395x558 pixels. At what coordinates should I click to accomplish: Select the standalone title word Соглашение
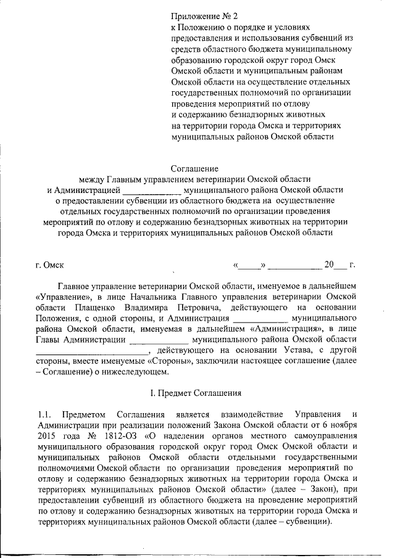click(x=196, y=167)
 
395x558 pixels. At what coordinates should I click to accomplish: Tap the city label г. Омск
click(x=51, y=266)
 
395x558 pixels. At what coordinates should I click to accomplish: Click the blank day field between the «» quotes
click(x=250, y=266)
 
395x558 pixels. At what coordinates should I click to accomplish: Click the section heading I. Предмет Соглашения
click(x=196, y=393)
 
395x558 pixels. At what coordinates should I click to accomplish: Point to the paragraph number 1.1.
click(x=44, y=414)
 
